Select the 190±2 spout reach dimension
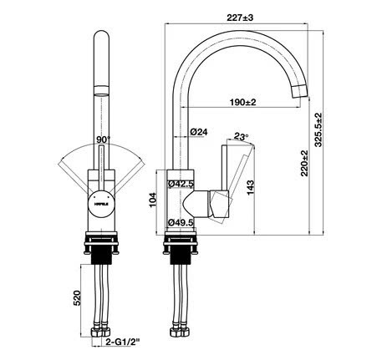(x=243, y=102)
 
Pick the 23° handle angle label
(x=242, y=135)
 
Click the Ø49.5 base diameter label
(x=181, y=222)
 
